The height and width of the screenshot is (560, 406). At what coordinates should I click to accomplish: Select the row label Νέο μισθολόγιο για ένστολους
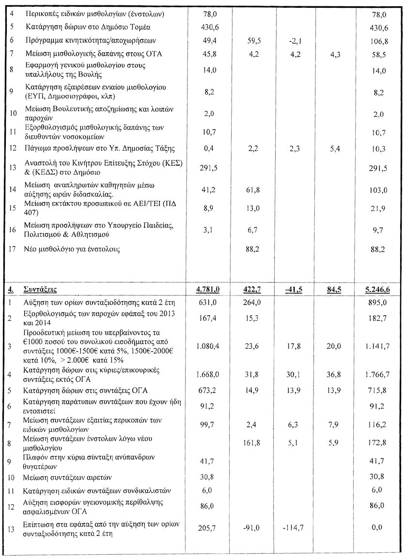72,249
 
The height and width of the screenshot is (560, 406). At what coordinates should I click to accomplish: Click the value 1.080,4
208,346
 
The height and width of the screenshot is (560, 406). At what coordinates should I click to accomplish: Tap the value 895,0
376,303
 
